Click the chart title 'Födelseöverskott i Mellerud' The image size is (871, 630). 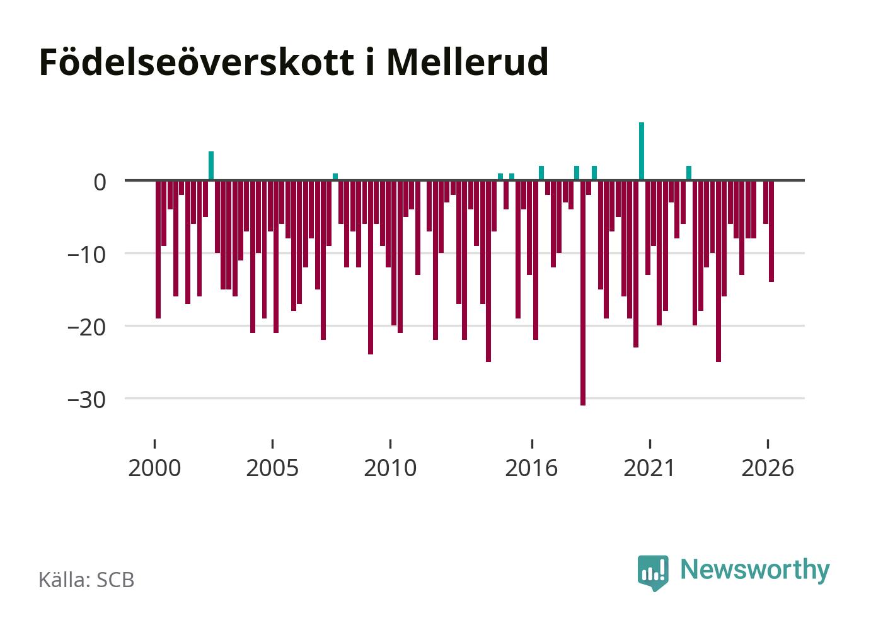pyautogui.click(x=294, y=62)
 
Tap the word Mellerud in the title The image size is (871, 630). pyautogui.click(x=468, y=62)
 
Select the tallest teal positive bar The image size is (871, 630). pyautogui.click(x=642, y=151)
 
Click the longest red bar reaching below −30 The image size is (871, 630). pyautogui.click(x=583, y=293)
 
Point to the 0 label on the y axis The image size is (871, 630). pyautogui.click(x=100, y=182)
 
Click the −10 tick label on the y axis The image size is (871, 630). pyautogui.click(x=87, y=255)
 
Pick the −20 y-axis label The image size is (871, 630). pyautogui.click(x=87, y=328)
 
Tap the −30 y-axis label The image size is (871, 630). pyautogui.click(x=87, y=400)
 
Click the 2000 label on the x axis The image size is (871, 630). pyautogui.click(x=155, y=468)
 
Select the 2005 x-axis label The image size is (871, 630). pyautogui.click(x=272, y=468)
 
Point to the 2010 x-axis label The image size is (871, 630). pyautogui.click(x=390, y=468)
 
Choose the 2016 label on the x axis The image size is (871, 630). pyautogui.click(x=531, y=468)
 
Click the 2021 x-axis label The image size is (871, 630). pyautogui.click(x=649, y=468)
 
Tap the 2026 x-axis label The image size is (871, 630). pyautogui.click(x=768, y=468)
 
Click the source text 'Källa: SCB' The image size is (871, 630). pyautogui.click(x=87, y=580)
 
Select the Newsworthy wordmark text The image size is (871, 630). pyautogui.click(x=755, y=571)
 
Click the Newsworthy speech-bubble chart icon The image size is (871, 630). pyautogui.click(x=653, y=573)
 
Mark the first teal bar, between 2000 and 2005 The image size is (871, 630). pyautogui.click(x=211, y=166)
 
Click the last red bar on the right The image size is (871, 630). pyautogui.click(x=771, y=231)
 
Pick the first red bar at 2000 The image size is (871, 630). pyautogui.click(x=158, y=250)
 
